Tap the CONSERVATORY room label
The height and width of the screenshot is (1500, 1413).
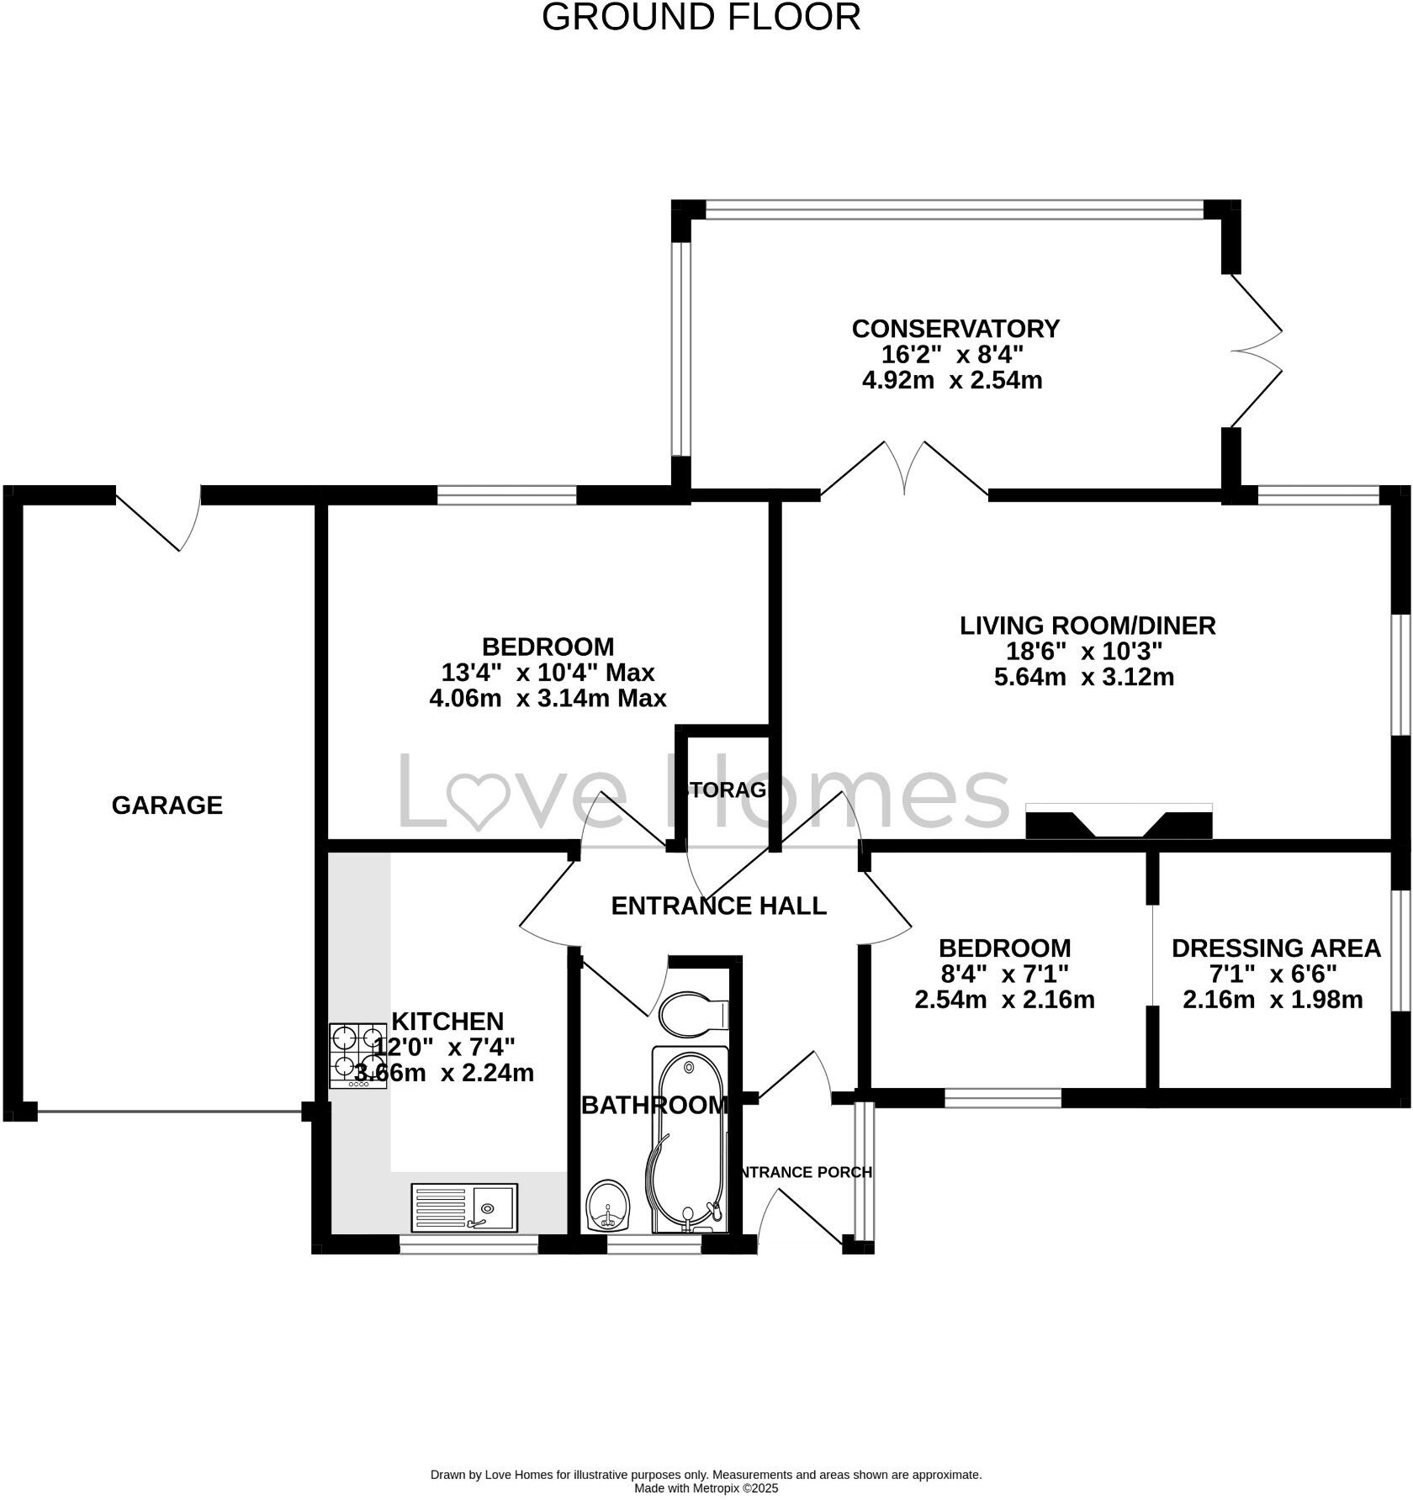point(955,328)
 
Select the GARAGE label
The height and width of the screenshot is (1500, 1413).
point(167,805)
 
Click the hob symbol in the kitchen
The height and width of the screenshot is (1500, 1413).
point(357,1055)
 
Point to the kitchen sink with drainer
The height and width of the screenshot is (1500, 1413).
point(464,1207)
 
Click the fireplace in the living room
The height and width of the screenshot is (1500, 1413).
point(1119,821)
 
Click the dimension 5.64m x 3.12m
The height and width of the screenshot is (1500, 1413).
point(1083,677)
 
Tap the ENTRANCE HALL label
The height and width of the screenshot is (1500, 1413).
point(718,906)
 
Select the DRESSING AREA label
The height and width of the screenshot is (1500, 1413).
point(1275,948)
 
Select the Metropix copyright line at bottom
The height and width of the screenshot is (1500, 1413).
point(706,1488)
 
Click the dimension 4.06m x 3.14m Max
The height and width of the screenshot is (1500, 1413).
point(548,698)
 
